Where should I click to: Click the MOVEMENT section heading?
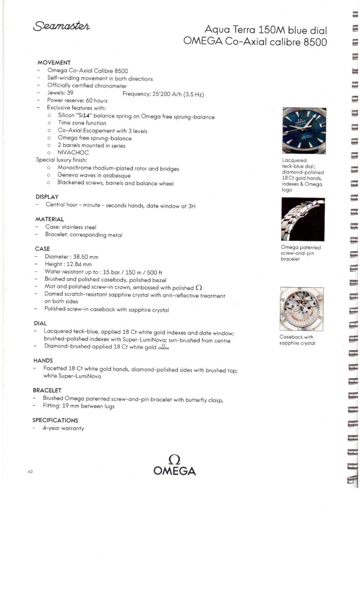tap(54, 63)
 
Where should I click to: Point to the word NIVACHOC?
tap(73, 152)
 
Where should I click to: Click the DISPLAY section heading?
tap(47, 197)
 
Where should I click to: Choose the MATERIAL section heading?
tap(50, 219)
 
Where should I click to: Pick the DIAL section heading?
tap(41, 323)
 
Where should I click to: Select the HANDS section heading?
tap(43, 360)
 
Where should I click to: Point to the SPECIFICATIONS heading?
tap(55, 420)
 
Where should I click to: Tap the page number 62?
tap(30, 472)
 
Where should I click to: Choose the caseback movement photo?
tap(301, 309)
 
